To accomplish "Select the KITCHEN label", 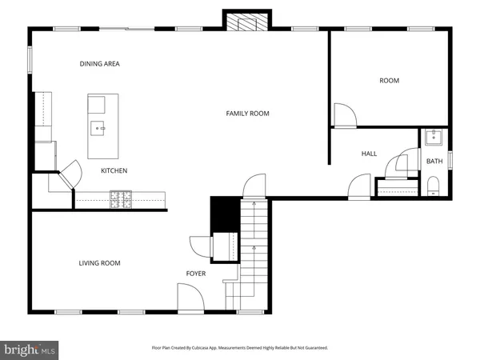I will pyautogui.click(x=114, y=170).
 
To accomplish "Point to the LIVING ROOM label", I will pyautogui.click(x=99, y=263).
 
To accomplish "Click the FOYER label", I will pyautogui.click(x=196, y=274).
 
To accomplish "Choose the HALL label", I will pyautogui.click(x=369, y=154).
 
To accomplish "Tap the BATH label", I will pyautogui.click(x=434, y=162).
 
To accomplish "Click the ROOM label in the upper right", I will pyautogui.click(x=389, y=81).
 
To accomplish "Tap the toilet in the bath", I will pyautogui.click(x=434, y=188).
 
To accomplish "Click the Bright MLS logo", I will pyautogui.click(x=30, y=349).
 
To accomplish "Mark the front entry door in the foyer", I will pyautogui.click(x=189, y=299).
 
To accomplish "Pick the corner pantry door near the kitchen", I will pyautogui.click(x=69, y=174).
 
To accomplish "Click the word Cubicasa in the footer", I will pyautogui.click(x=218, y=348).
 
